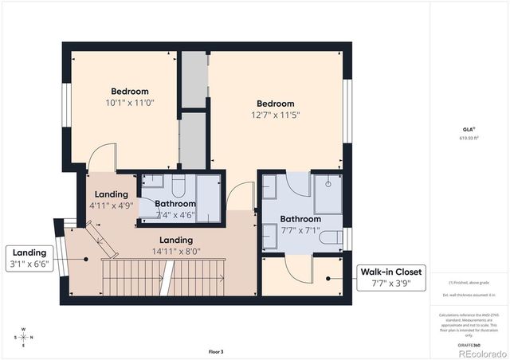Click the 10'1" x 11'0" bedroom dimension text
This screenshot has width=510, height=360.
[x=130, y=103]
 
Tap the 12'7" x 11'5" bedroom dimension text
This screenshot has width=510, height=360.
[x=275, y=115]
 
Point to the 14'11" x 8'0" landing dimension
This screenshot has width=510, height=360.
[x=175, y=251]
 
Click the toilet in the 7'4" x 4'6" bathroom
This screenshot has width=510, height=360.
[x=178, y=185]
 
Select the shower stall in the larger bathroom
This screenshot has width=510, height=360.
[x=328, y=192]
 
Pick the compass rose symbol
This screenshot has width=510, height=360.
[x=23, y=336]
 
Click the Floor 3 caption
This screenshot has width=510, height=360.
[x=217, y=351]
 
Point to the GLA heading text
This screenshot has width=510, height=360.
[x=468, y=128]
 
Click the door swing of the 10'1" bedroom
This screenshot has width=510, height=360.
[x=102, y=158]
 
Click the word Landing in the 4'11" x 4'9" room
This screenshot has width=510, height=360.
[x=111, y=194]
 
